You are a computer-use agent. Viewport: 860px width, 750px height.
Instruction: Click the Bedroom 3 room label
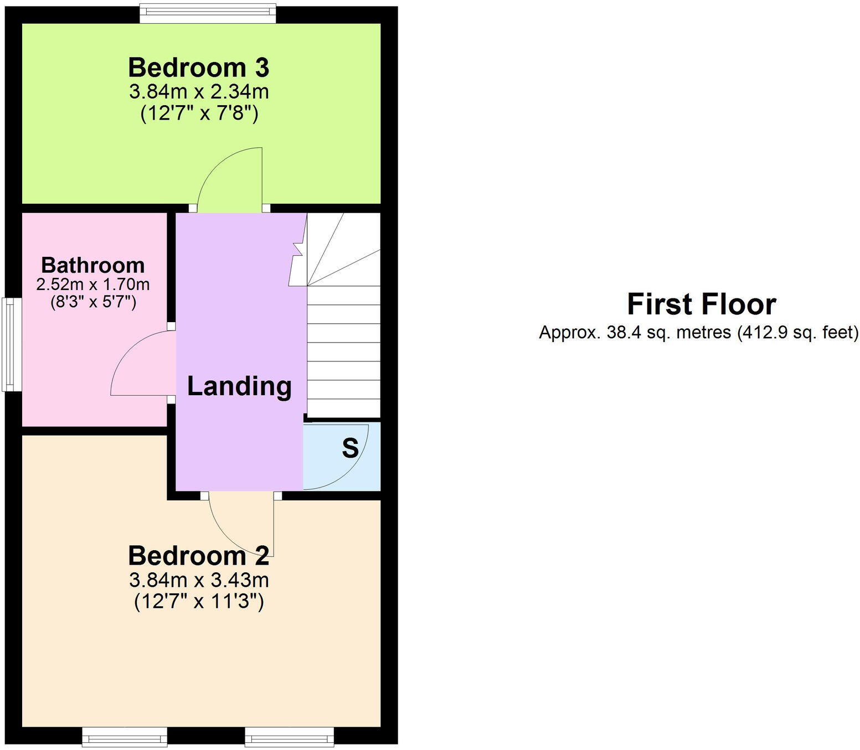(x=199, y=68)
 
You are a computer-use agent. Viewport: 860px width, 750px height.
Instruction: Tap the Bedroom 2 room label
(x=199, y=556)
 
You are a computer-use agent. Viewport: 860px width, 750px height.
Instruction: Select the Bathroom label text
(x=93, y=265)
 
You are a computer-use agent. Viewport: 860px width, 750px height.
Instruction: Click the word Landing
(x=239, y=386)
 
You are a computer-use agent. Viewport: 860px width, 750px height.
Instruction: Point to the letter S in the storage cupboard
(x=350, y=448)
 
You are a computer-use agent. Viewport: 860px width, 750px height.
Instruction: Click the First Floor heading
(x=701, y=304)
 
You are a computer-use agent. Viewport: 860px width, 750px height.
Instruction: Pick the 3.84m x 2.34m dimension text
(x=199, y=91)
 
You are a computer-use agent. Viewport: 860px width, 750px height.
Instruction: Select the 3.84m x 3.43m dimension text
(x=199, y=580)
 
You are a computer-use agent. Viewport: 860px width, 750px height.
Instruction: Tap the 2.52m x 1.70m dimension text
(x=93, y=285)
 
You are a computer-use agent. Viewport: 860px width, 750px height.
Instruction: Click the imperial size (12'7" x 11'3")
(x=199, y=602)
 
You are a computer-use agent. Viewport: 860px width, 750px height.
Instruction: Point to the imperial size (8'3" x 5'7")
(x=93, y=303)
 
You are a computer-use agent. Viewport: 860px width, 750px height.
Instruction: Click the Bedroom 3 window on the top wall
(x=208, y=13)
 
